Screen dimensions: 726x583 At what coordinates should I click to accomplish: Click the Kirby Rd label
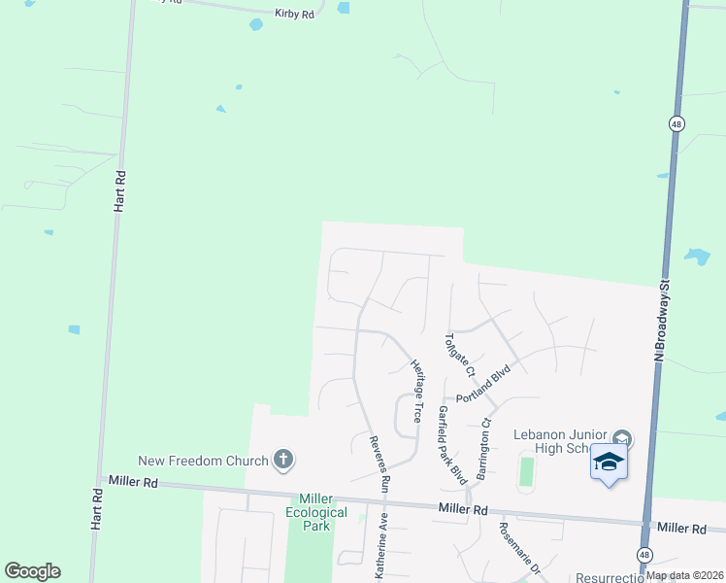pyautogui.click(x=294, y=16)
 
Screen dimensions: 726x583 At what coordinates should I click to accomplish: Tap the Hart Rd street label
pyautogui.click(x=120, y=191)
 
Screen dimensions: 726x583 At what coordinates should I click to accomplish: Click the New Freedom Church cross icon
pyautogui.click(x=283, y=460)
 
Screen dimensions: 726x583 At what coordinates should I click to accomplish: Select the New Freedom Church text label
pyautogui.click(x=204, y=461)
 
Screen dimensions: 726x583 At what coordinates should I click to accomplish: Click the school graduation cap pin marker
pyautogui.click(x=609, y=463)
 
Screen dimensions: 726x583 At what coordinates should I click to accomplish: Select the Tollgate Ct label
pyautogui.click(x=458, y=357)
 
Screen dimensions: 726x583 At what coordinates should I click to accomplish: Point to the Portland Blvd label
pyautogui.click(x=483, y=386)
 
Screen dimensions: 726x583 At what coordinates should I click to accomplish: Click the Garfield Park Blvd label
pyautogui.click(x=452, y=444)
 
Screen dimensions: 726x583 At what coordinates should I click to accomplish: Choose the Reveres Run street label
pyautogui.click(x=378, y=462)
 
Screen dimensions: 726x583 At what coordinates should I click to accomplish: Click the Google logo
pyautogui.click(x=32, y=571)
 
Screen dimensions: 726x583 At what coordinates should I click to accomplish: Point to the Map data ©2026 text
pyautogui.click(x=682, y=575)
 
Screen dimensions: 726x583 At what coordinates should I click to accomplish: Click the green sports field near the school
pyautogui.click(x=527, y=471)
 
